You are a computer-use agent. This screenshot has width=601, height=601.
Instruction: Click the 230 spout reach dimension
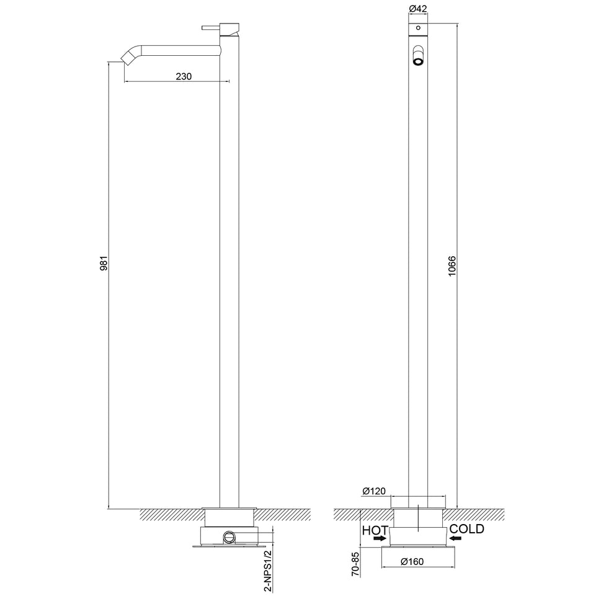coord(184,76)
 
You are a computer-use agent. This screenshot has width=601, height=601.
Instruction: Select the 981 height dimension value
coord(105,263)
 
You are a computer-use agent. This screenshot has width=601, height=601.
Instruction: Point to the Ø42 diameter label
coord(417,9)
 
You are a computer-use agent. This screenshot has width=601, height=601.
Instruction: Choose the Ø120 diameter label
coord(375,491)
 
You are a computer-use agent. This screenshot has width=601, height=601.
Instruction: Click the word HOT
coord(375,530)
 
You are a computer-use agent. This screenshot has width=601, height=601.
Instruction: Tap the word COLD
coord(467,529)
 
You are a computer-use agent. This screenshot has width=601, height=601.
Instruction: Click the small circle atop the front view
coord(419,29)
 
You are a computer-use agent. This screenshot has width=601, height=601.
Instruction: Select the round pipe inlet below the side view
coord(230,536)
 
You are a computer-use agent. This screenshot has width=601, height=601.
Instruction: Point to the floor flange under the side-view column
coord(229,515)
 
